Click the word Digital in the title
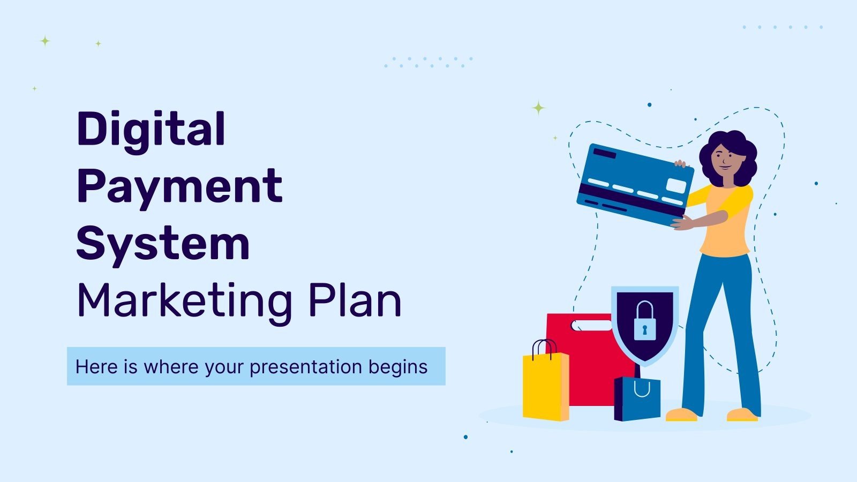click(x=151, y=130)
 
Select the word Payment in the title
click(x=179, y=187)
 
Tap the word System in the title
click(x=163, y=244)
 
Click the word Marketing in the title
click(x=184, y=301)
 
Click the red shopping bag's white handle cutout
click(x=591, y=325)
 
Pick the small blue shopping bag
click(x=637, y=399)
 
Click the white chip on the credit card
click(x=675, y=186)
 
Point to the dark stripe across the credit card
click(x=632, y=199)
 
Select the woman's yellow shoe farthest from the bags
click(x=742, y=414)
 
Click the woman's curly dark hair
click(x=742, y=150)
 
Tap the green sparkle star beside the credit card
click(x=538, y=108)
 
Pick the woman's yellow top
click(x=726, y=225)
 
